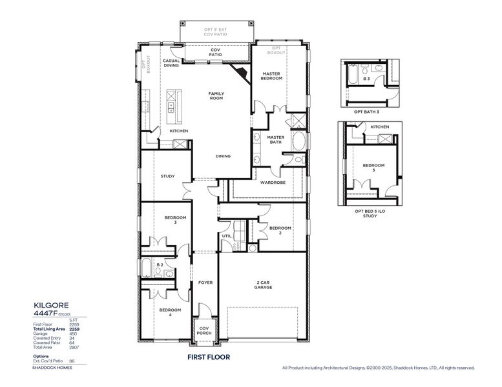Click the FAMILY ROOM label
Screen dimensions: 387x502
point(216,96)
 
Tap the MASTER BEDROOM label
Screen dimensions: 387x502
point(271,76)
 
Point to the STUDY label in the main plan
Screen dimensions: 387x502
point(167,176)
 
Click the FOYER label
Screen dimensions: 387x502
point(205,283)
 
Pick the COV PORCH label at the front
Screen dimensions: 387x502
point(204,331)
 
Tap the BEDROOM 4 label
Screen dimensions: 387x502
point(170,312)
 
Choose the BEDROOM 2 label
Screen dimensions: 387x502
point(280,230)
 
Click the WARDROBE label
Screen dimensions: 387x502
point(269,183)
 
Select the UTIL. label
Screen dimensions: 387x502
point(227,237)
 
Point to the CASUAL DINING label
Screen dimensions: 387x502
point(171,63)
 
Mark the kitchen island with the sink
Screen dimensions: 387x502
point(172,106)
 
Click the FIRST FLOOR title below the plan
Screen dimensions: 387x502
point(205,356)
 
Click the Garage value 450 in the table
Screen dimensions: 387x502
point(73,333)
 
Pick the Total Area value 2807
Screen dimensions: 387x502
point(73,346)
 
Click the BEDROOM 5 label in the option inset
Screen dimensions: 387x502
point(373,168)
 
